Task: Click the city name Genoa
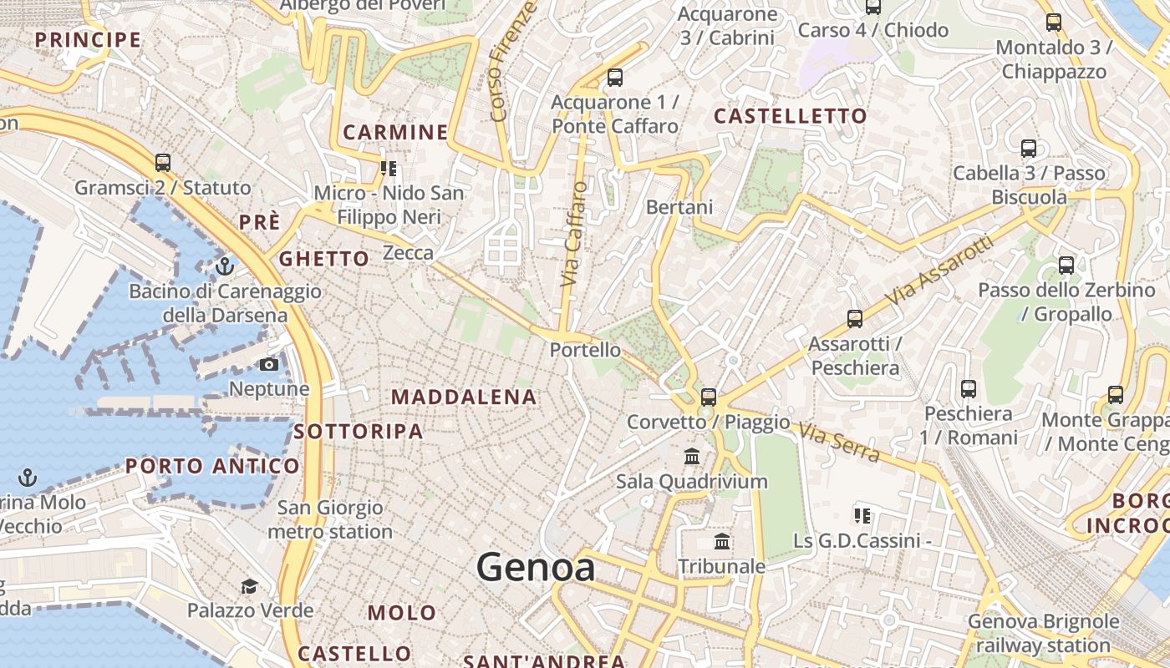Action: pyautogui.click(x=536, y=568)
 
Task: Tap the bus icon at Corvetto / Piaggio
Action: pyautogui.click(x=709, y=397)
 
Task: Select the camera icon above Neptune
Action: pyautogui.click(x=269, y=364)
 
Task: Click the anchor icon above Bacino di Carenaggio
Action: pyautogui.click(x=224, y=266)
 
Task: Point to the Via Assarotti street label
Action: pyautogui.click(x=939, y=271)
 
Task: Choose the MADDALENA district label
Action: pyautogui.click(x=464, y=397)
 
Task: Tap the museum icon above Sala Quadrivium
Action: pyautogui.click(x=692, y=456)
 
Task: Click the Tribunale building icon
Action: pyautogui.click(x=723, y=542)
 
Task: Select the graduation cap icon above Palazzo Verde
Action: pyautogui.click(x=249, y=586)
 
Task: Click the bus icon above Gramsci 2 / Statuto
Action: pyautogui.click(x=163, y=162)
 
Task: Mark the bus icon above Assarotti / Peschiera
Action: pyautogui.click(x=854, y=318)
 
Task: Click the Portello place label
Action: pyautogui.click(x=585, y=350)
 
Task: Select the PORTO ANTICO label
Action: pyautogui.click(x=212, y=466)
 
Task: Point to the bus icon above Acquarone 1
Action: pyautogui.click(x=615, y=78)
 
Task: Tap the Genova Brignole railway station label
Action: pyautogui.click(x=1043, y=634)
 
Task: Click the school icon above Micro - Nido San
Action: pyautogui.click(x=389, y=169)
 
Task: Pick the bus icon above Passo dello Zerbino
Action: pyautogui.click(x=1066, y=266)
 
